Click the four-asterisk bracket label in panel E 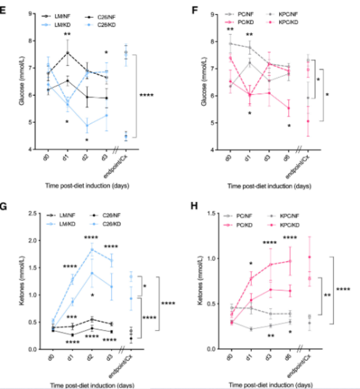(x=148, y=95)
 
